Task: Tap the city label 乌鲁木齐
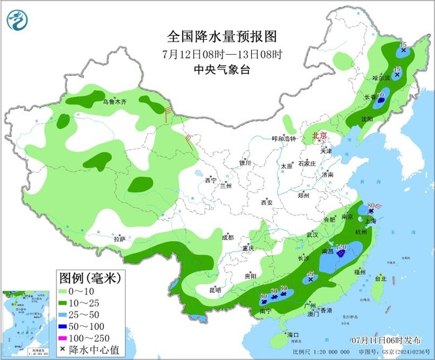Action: click(114, 101)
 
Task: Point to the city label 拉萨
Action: click(119, 239)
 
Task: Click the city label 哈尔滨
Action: click(381, 78)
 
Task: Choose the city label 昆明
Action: click(215, 290)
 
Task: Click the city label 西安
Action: click(267, 202)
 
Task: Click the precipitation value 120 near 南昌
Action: click(341, 247)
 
